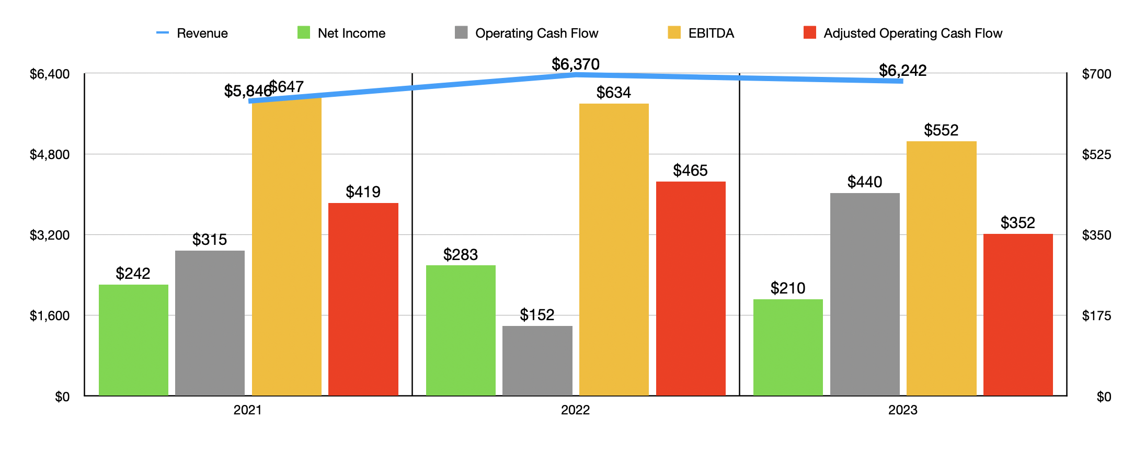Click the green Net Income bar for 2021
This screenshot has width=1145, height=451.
coord(133,340)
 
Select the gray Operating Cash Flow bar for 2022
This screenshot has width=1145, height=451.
coord(537,360)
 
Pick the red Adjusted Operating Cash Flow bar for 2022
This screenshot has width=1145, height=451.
coord(690,288)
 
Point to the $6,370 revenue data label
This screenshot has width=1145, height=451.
coord(575,64)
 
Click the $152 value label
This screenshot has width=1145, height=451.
coord(537,315)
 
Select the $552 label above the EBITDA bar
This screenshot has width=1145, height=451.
coord(941,130)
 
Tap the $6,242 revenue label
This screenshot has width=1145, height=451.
coord(902,70)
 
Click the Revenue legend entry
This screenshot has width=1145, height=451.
coord(192,33)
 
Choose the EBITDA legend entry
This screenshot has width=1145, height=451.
coord(701,33)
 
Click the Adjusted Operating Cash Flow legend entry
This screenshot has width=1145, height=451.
coord(903,33)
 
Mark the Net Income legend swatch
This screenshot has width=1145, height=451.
coord(304,33)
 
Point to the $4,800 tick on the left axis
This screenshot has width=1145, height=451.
coord(50,154)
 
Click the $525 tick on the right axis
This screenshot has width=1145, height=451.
coord(1096,154)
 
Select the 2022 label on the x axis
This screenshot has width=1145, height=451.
coord(575,410)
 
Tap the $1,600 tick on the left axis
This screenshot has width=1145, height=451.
coord(50,315)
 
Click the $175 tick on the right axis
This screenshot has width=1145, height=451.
coord(1096,315)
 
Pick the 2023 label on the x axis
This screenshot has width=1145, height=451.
coord(902,410)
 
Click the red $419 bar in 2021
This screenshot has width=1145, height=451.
coord(363,299)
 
